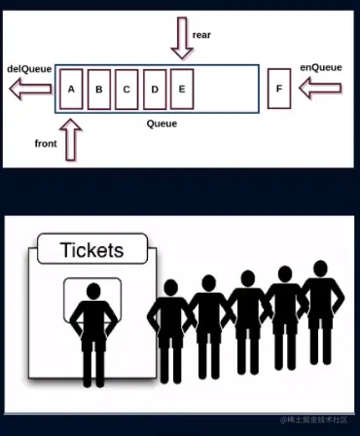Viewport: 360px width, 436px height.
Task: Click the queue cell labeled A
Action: click(x=71, y=90)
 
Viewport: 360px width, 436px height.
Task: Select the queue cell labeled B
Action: click(x=98, y=90)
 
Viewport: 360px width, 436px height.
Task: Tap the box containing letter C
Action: click(x=126, y=90)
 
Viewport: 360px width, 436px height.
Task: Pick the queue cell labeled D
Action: click(x=154, y=90)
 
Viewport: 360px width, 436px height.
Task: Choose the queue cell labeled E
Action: click(x=182, y=90)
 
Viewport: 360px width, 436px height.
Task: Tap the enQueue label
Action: click(x=320, y=68)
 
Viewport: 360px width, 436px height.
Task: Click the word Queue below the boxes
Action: click(x=162, y=124)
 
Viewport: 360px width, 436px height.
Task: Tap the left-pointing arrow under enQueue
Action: click(x=319, y=90)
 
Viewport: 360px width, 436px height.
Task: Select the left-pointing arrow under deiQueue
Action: click(x=27, y=91)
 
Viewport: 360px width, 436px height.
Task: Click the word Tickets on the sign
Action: click(x=92, y=249)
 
